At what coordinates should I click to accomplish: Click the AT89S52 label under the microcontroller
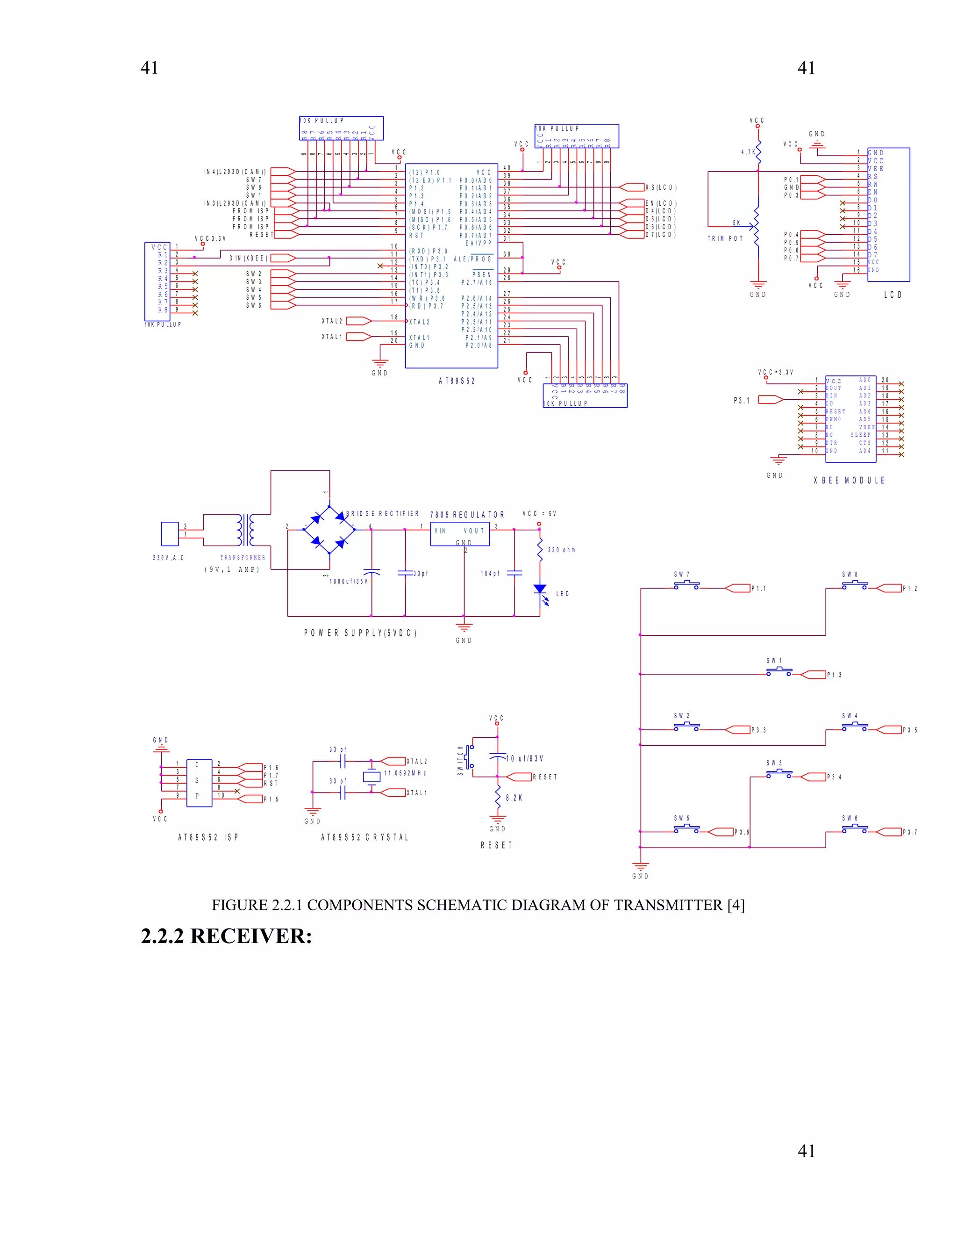tap(457, 381)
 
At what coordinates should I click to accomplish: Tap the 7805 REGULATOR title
tap(467, 515)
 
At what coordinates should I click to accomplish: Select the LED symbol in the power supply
tap(540, 590)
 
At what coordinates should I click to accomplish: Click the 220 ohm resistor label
tap(561, 550)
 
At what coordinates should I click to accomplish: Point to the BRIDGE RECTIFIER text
tap(383, 513)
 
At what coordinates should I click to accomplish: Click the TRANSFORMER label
tap(243, 558)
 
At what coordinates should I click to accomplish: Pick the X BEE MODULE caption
tap(849, 480)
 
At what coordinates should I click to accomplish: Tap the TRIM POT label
tap(725, 238)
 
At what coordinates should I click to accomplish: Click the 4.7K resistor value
tap(748, 152)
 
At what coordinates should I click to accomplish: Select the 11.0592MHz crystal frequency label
tap(405, 773)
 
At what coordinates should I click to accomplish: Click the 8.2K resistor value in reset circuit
tap(514, 798)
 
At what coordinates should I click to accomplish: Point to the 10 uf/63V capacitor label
tap(524, 758)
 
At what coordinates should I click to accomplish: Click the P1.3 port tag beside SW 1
tap(834, 675)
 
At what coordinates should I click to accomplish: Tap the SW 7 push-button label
tap(681, 574)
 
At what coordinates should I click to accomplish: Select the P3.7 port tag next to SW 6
tap(909, 832)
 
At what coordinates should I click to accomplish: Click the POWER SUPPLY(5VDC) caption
tap(360, 633)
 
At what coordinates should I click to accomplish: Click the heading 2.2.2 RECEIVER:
tap(226, 936)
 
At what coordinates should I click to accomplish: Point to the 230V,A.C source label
tap(168, 558)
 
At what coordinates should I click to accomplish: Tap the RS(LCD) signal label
tap(660, 187)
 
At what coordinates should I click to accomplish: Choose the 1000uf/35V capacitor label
tap(348, 582)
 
